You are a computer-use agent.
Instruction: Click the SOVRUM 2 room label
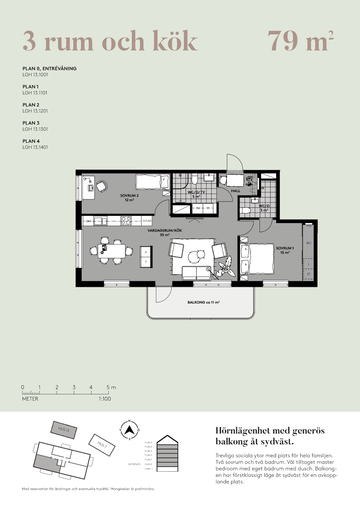point(129,198)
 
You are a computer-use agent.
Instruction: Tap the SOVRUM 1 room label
point(285,250)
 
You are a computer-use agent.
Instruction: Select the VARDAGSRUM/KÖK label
point(164,233)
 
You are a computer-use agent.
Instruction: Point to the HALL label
point(236,191)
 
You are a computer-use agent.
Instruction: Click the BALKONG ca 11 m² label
point(203,302)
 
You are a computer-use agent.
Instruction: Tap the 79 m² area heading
point(300,41)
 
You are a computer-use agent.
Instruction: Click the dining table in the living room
point(111,251)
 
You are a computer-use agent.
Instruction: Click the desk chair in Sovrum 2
point(102,186)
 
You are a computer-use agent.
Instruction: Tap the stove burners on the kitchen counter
point(126,221)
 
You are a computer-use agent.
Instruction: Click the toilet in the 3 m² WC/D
point(246,210)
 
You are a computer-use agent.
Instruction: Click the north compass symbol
point(130,430)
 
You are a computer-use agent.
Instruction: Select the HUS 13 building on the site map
point(64,430)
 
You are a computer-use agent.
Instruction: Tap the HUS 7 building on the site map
point(102,444)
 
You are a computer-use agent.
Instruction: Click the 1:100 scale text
point(105,399)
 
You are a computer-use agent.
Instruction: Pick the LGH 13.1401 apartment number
point(35,147)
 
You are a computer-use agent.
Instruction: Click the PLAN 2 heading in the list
point(31,105)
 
